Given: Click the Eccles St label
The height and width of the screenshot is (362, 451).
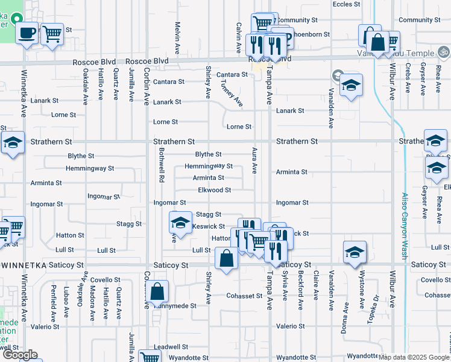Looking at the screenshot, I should tap(346, 4).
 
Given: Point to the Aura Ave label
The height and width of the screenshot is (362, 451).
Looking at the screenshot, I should tap(255, 160).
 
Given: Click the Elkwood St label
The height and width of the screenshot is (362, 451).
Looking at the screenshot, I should tap(215, 190).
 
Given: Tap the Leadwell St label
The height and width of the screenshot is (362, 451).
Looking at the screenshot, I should tap(171, 347).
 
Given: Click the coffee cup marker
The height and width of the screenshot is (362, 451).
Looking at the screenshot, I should tap(27, 33).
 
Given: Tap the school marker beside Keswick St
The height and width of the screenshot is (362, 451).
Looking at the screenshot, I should tap(179, 223).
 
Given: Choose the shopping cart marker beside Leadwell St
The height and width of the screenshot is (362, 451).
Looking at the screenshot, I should tap(150, 356).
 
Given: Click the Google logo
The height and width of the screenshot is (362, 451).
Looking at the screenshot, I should tap(19, 355).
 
